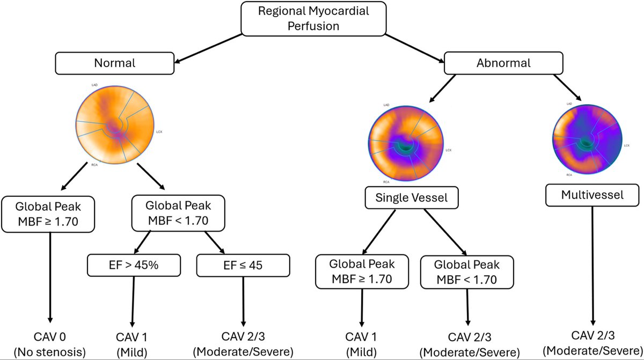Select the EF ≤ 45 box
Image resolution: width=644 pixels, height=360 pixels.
tap(243, 265)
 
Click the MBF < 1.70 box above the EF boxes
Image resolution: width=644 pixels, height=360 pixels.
tap(178, 214)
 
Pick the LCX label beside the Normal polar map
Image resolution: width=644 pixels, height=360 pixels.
tap(158, 130)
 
